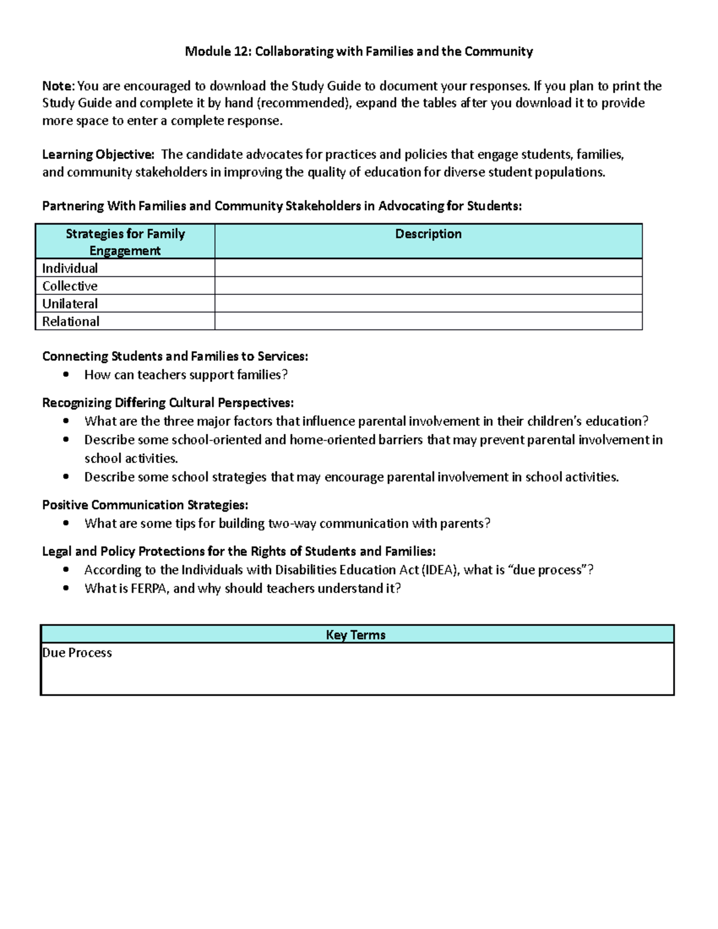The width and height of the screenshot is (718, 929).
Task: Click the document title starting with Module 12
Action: coord(358,51)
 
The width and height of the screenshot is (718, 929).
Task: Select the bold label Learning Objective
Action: coord(98,154)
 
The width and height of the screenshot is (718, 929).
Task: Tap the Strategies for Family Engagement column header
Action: coord(125,242)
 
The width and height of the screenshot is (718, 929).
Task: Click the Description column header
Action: coord(428,234)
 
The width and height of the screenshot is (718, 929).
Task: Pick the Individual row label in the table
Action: coord(70,268)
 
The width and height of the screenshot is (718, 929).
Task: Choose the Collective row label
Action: coord(70,286)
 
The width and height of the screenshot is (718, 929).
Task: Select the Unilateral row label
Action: coord(70,304)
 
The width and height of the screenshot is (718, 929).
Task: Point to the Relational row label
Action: coord(71,322)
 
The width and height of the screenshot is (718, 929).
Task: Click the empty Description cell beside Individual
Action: coord(428,268)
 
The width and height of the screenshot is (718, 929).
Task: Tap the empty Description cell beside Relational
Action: coord(428,322)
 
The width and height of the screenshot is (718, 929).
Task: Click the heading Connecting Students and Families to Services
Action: coord(175,357)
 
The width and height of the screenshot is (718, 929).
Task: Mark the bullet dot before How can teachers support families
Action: coord(66,375)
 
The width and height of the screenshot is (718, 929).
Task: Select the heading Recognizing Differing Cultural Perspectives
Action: coord(168,403)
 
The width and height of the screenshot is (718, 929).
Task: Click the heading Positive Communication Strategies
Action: coord(145,505)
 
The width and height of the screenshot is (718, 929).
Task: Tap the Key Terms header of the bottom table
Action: coord(356,635)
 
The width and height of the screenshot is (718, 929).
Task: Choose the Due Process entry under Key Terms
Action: coord(77,653)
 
